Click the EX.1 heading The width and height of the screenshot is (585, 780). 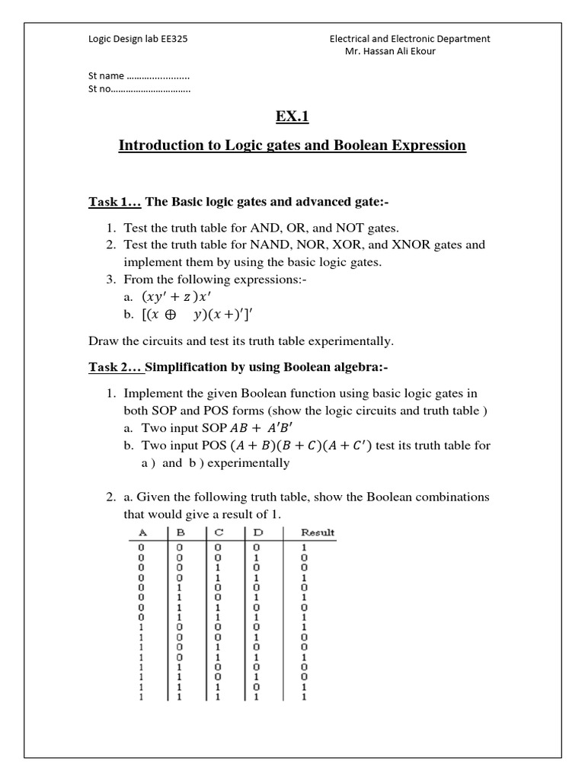(292, 116)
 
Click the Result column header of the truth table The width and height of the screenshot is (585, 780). (316, 532)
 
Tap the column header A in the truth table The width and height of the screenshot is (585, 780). (142, 532)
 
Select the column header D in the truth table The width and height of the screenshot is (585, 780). (256, 532)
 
